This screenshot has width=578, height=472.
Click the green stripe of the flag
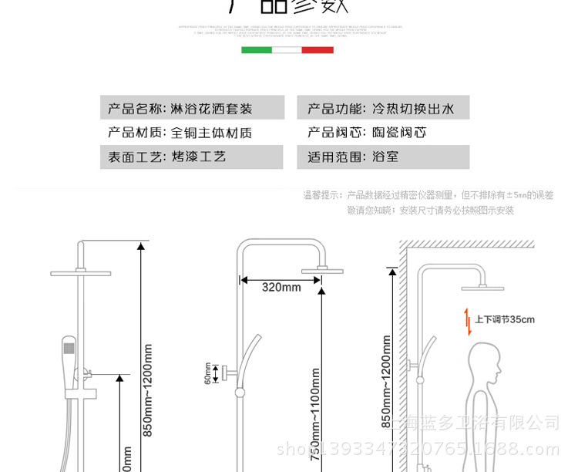[x=257, y=50]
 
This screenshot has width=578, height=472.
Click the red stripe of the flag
[x=318, y=50]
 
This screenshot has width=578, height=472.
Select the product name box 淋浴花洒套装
[x=192, y=108]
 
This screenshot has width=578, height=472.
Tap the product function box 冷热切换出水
[x=383, y=108]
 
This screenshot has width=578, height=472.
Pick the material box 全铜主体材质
[x=192, y=133]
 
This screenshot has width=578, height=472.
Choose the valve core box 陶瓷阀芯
[x=383, y=133]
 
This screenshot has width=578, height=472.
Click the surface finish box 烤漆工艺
[x=192, y=157]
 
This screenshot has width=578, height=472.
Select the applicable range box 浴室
[x=383, y=157]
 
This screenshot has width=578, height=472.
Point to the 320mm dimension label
[x=281, y=287]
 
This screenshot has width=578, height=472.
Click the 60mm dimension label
[x=207, y=374]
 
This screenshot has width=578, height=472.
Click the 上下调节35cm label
[x=504, y=319]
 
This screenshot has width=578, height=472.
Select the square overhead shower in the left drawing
[x=80, y=273]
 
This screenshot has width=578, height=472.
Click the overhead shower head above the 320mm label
[x=323, y=270]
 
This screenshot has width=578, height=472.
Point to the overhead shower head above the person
[x=483, y=288]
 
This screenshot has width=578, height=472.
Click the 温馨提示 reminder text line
[x=428, y=195]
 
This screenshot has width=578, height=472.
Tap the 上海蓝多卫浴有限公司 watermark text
[x=475, y=423]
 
